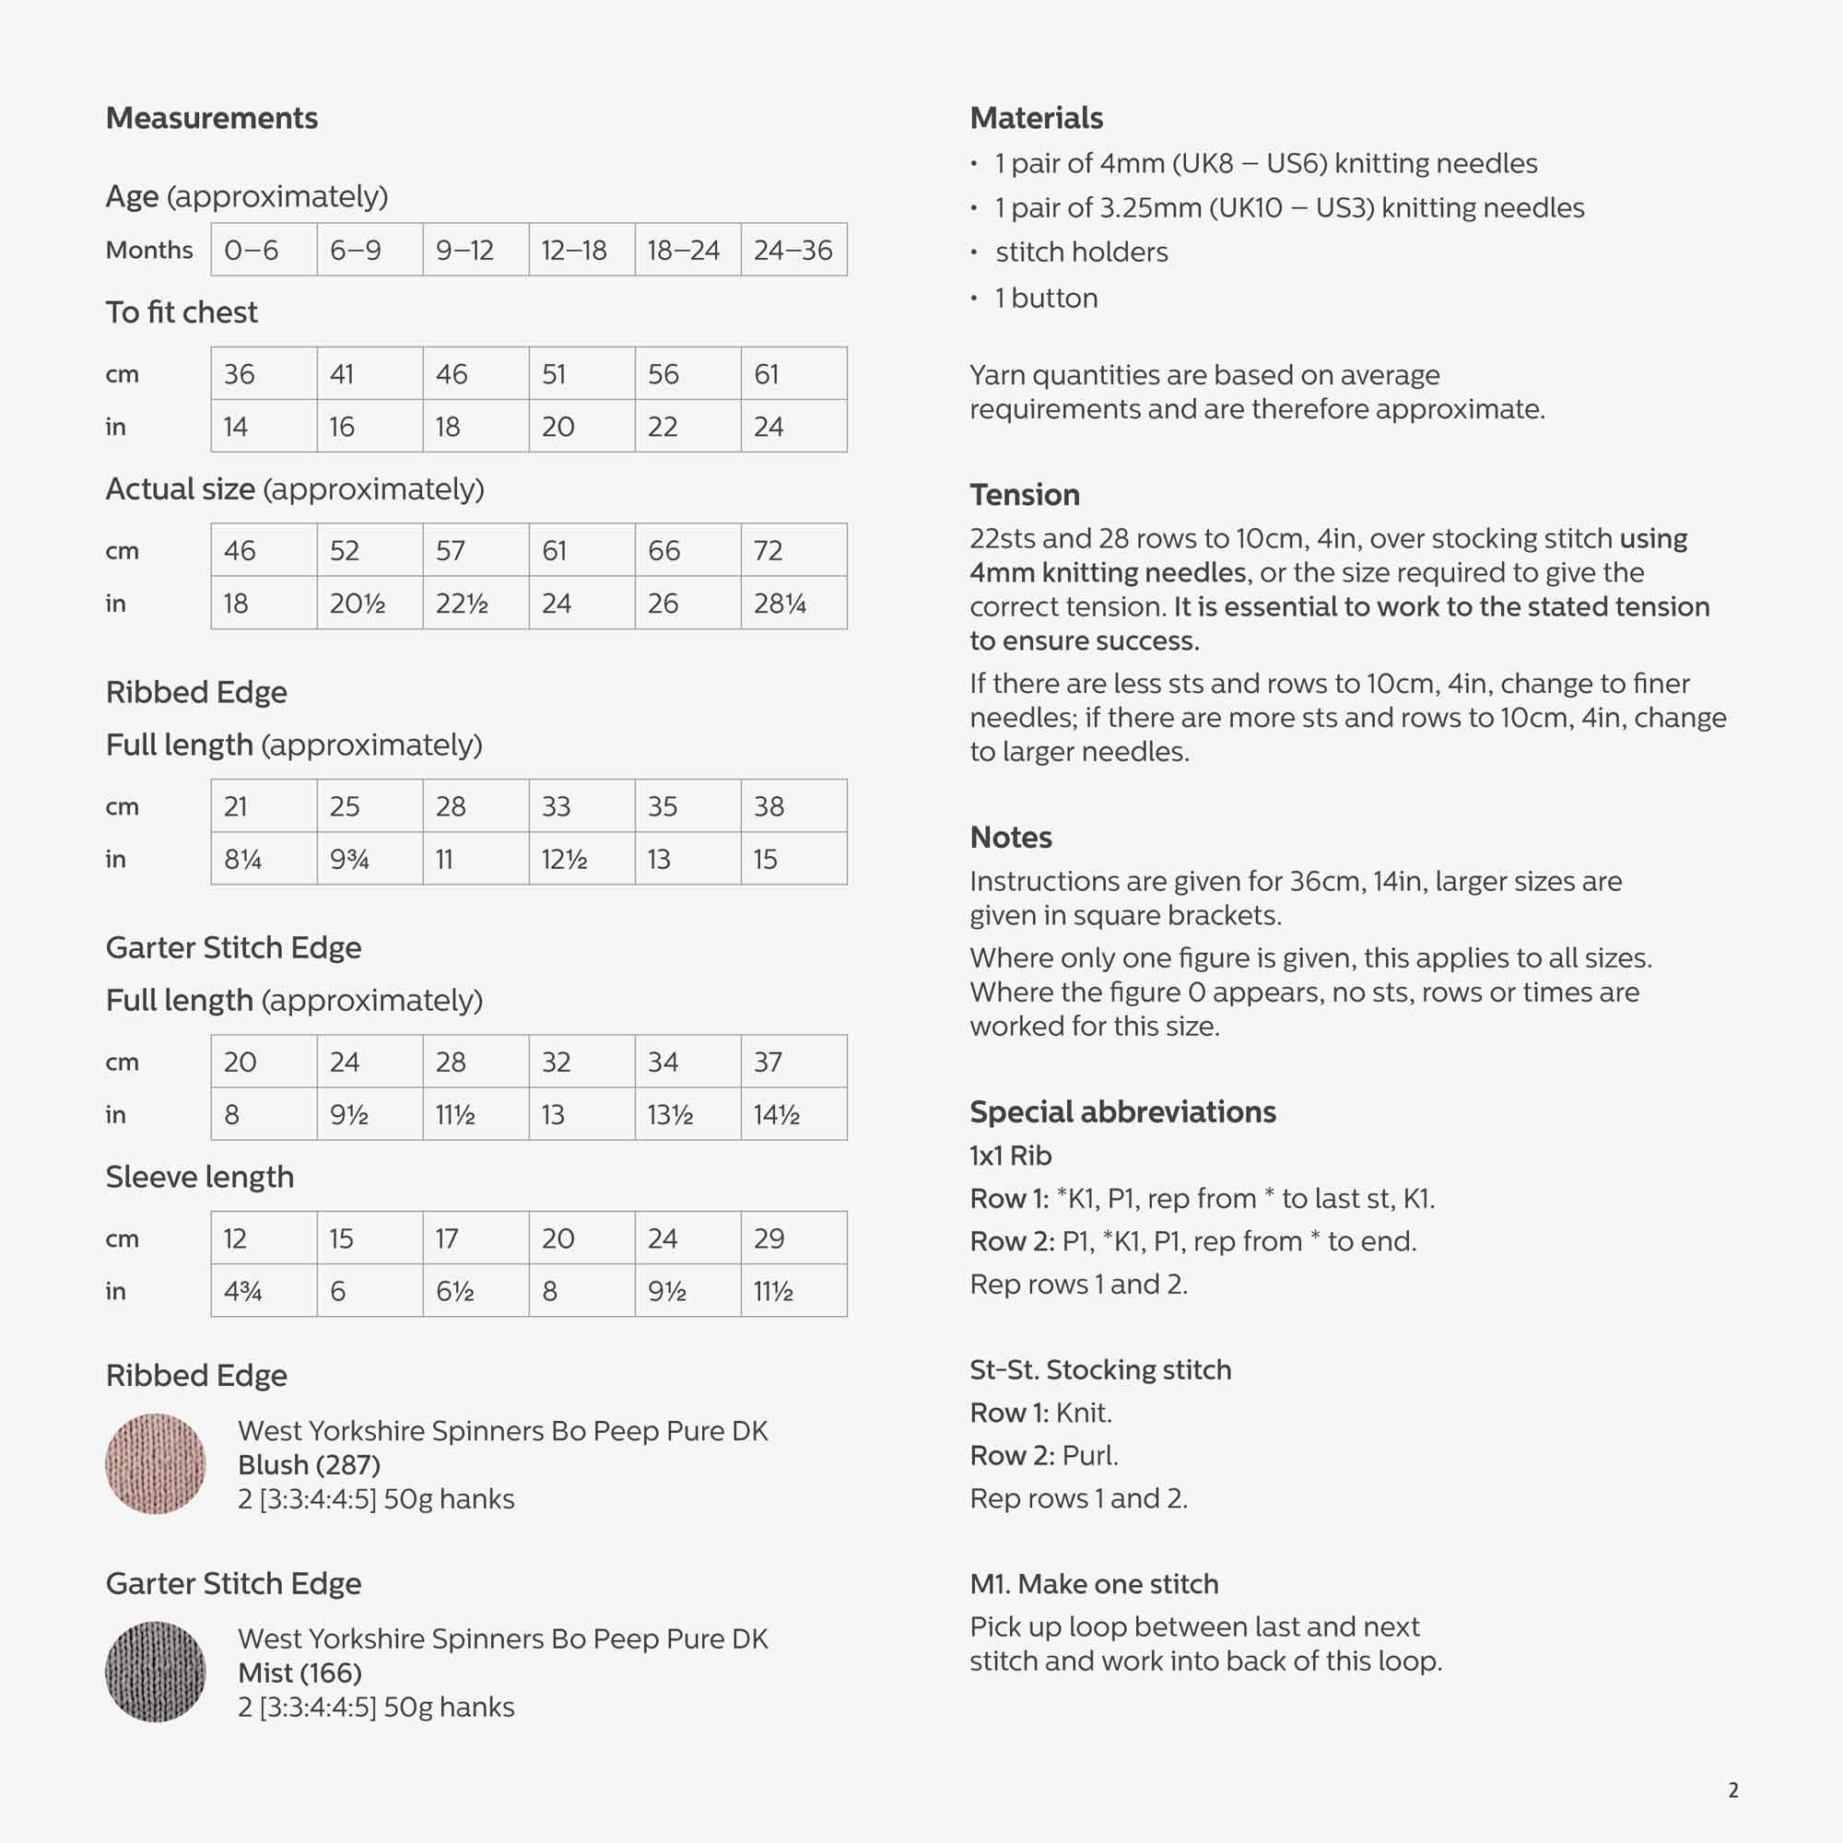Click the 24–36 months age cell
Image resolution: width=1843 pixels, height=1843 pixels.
point(792,250)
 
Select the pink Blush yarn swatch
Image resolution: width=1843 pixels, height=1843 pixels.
point(156,1463)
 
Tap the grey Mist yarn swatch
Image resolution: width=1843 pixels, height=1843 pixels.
point(156,1672)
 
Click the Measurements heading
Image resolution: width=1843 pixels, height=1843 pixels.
point(212,118)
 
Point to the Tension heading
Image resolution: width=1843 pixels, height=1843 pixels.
point(1025,495)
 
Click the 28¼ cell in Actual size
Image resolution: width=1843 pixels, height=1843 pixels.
point(792,603)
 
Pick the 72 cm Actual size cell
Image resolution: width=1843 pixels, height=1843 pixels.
point(792,550)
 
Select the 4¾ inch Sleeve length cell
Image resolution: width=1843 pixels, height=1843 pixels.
point(264,1291)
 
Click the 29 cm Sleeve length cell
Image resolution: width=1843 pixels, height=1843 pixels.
point(792,1238)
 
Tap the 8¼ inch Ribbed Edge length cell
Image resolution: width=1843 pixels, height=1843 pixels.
point(264,859)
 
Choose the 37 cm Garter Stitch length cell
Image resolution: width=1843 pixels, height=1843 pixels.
point(792,1062)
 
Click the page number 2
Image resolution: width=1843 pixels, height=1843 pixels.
point(1733,1790)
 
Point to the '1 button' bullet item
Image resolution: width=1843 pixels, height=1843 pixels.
point(1046,299)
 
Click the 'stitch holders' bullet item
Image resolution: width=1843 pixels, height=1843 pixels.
point(1081,252)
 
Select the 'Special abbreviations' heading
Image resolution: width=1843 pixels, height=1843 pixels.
point(1122,1112)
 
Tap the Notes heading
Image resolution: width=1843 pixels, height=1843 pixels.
point(1011,838)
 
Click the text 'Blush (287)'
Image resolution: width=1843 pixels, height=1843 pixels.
point(309,1464)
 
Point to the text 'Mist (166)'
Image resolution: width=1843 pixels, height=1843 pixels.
point(299,1673)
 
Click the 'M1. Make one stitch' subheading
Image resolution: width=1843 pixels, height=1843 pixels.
point(1094,1583)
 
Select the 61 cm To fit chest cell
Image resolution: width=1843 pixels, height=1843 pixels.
point(792,374)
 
